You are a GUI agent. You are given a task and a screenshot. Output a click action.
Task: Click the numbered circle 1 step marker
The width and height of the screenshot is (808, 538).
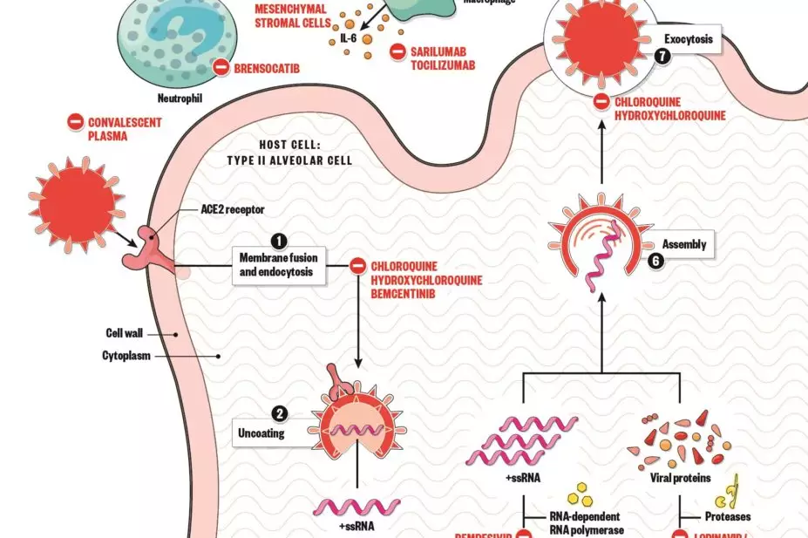(x=279, y=240)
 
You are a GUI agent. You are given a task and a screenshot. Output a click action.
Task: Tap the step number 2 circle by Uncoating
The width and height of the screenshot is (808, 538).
(x=279, y=413)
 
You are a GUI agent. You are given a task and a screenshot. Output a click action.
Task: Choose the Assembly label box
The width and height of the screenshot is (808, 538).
(x=684, y=245)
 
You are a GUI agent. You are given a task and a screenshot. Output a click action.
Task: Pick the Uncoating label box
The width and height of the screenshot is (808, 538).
(x=261, y=432)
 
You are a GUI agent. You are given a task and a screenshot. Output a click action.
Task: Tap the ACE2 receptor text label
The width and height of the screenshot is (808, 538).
(x=233, y=209)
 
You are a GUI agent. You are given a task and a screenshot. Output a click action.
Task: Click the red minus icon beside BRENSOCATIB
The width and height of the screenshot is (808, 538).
(x=221, y=65)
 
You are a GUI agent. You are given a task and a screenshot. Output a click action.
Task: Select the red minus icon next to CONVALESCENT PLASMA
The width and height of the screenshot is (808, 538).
(x=76, y=123)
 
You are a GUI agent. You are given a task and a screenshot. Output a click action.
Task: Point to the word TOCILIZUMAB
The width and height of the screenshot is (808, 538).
(x=443, y=65)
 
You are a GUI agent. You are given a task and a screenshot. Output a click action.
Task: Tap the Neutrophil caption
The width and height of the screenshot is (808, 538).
(x=180, y=99)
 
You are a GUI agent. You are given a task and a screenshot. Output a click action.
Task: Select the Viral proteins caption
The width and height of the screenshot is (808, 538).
(x=682, y=479)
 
